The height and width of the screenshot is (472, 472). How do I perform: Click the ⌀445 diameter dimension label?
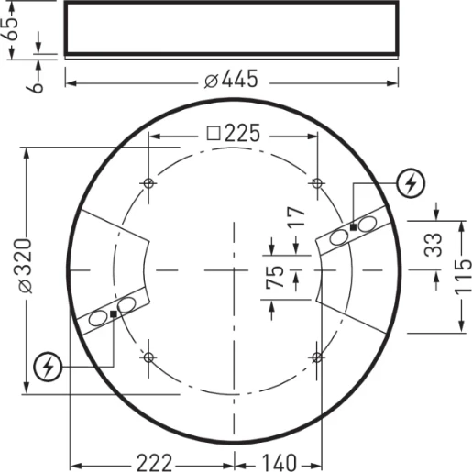pyautogui.click(x=231, y=81)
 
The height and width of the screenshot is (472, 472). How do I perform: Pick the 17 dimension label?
pyautogui.click(x=294, y=218)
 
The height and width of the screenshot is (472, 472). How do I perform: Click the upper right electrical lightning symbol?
pyautogui.click(x=412, y=185)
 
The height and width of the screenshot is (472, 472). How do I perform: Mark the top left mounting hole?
pyautogui.click(x=149, y=183)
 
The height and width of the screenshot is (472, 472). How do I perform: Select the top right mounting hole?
pyautogui.click(x=317, y=183)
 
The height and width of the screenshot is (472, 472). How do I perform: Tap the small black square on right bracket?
pyautogui.click(x=353, y=226)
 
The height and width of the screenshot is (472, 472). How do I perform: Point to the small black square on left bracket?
pyautogui.click(x=113, y=313)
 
